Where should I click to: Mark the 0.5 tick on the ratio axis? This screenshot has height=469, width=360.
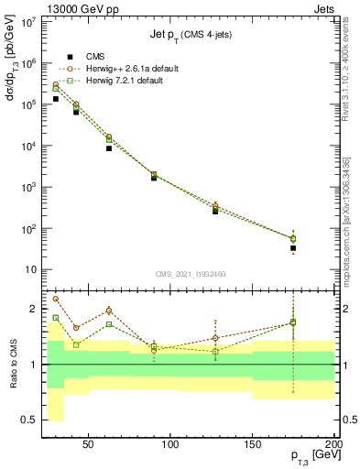click(x=30, y=420)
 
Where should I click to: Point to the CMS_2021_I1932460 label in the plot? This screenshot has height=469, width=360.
click(x=190, y=273)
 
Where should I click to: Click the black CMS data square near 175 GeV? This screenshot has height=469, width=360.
click(x=293, y=248)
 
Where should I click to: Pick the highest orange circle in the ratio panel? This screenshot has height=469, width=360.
click(x=56, y=299)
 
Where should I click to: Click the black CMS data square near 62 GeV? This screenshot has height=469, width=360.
click(x=109, y=148)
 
